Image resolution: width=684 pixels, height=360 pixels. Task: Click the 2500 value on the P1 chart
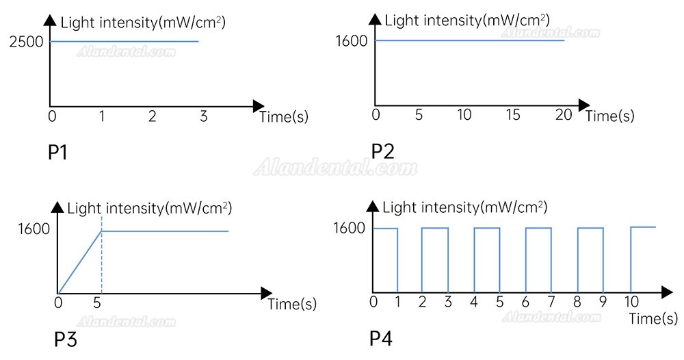click(27, 42)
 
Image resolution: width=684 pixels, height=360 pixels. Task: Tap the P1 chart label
click(57, 153)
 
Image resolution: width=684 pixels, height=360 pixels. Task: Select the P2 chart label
click(382, 151)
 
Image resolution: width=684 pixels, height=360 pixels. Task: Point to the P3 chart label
click(66, 339)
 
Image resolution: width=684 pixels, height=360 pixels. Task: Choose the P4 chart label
click(381, 338)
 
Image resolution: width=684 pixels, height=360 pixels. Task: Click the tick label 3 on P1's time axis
click(203, 116)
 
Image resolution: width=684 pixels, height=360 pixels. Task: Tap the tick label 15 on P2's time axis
click(512, 115)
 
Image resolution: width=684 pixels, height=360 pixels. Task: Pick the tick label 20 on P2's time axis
click(564, 115)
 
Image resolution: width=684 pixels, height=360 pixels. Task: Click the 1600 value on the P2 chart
click(352, 41)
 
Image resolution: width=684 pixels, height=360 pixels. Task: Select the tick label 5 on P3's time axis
click(97, 303)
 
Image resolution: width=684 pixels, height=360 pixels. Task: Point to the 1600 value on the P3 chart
click(34, 229)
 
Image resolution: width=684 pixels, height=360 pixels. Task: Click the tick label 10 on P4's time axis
click(631, 301)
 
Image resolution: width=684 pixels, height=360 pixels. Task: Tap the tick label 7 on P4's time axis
click(551, 301)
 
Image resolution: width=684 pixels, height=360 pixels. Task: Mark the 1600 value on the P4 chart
click(350, 228)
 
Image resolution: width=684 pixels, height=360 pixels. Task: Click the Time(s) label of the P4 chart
click(653, 318)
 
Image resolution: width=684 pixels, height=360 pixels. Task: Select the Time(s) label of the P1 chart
click(284, 116)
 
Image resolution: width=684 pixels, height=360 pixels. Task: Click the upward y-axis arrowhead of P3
click(57, 207)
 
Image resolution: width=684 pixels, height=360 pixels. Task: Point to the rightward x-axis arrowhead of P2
click(584, 105)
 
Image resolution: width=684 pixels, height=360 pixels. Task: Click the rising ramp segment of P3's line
click(80, 262)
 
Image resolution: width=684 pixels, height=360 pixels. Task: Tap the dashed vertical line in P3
click(102, 254)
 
